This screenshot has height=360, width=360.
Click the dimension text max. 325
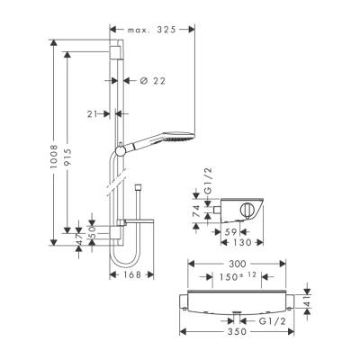point(149,29)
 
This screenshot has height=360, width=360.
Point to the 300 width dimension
point(237,264)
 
